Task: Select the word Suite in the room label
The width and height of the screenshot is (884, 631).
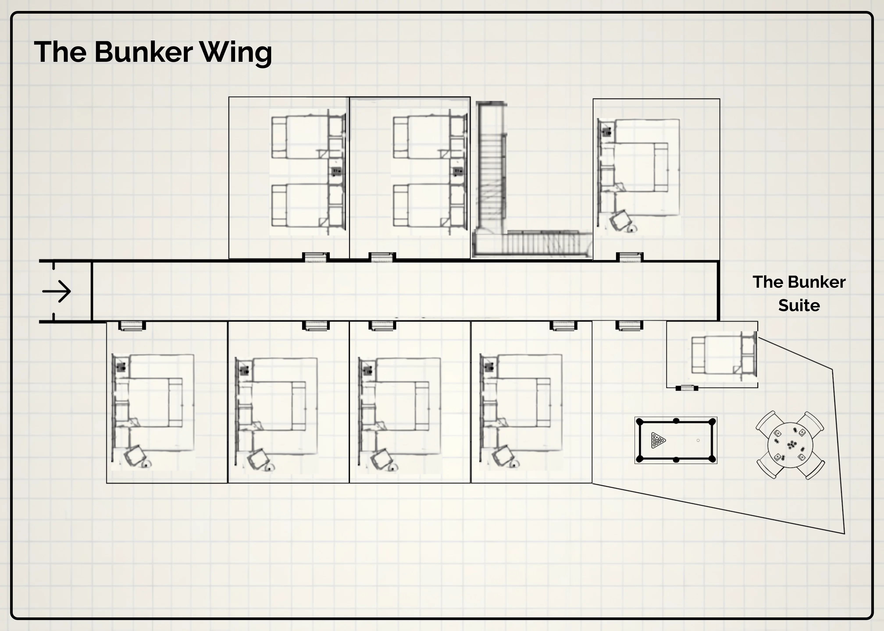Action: point(799,305)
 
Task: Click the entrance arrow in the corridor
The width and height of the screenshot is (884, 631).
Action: point(57,291)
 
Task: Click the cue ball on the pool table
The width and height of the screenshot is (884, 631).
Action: point(698,440)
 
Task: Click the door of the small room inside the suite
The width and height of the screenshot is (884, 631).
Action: point(687,388)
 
